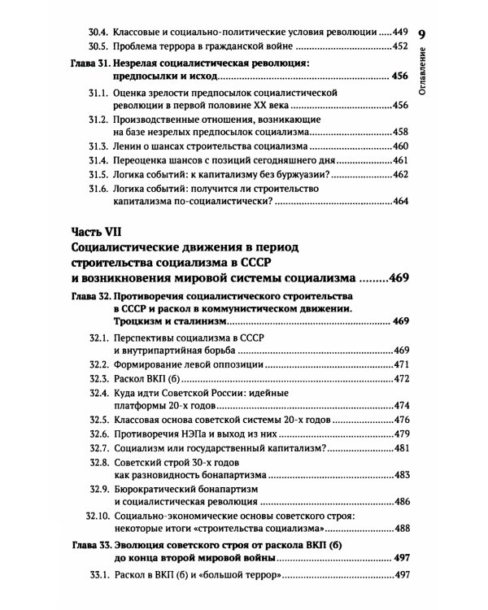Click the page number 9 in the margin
[422, 35]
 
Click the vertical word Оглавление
[423, 81]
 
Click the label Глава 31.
[85, 63]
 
